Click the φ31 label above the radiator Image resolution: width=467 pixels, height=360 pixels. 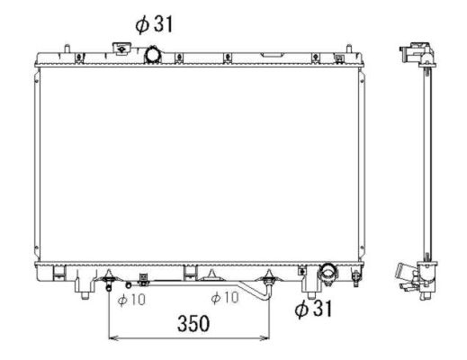coord(154,24)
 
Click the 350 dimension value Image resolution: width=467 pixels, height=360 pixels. coord(192,322)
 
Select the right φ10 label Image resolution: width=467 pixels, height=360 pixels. coord(224,299)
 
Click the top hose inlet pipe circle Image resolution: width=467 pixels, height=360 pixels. coord(154,56)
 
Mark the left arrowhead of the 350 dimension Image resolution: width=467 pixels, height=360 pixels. coord(112,339)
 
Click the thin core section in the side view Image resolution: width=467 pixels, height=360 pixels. coord(420,166)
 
